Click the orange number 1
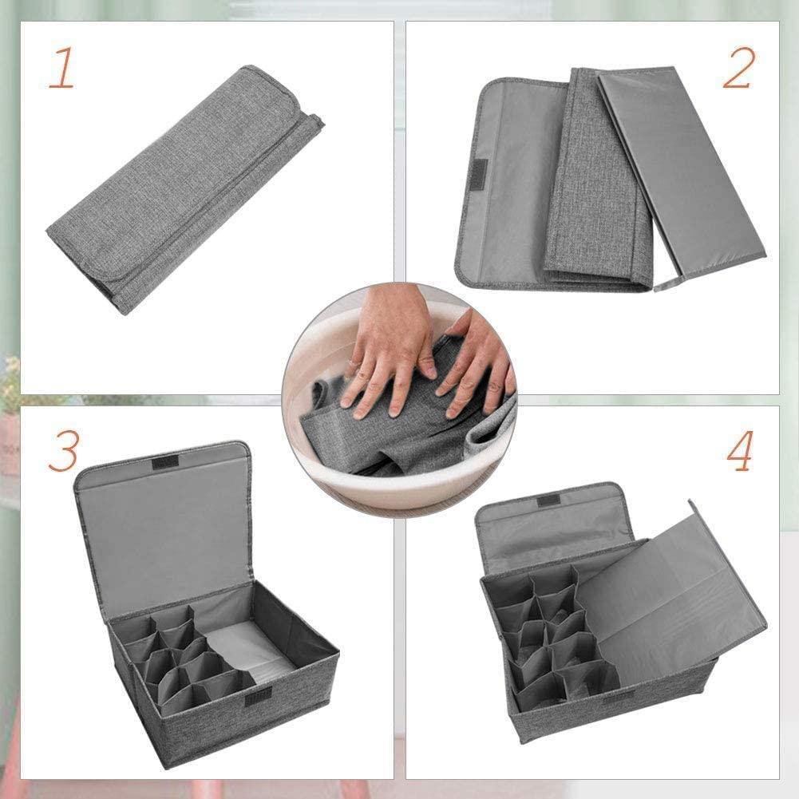(x=61, y=69)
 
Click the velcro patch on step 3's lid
(x=166, y=464)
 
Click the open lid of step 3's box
(x=164, y=527)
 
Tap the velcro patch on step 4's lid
(x=548, y=501)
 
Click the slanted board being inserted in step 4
(x=670, y=591)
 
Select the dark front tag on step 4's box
(x=619, y=697)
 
